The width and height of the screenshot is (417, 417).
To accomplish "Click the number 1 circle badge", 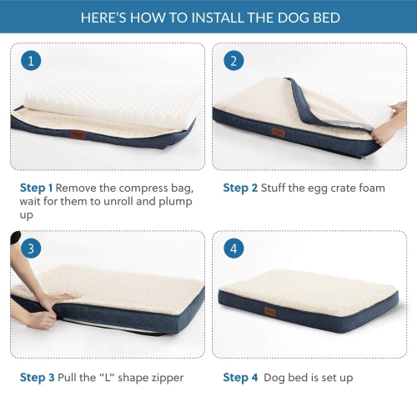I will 31,61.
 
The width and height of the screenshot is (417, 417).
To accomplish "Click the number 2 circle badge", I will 234,61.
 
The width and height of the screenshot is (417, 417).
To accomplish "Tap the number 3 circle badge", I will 31,249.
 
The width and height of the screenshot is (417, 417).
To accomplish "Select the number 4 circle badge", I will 234,249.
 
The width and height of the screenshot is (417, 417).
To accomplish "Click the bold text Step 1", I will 37,188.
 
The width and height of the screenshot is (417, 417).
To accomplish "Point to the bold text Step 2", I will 240,188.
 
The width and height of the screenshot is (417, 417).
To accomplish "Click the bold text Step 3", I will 37,377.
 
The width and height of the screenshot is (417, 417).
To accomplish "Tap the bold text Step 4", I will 240,377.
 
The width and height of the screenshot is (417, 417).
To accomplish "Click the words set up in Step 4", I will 334,377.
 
